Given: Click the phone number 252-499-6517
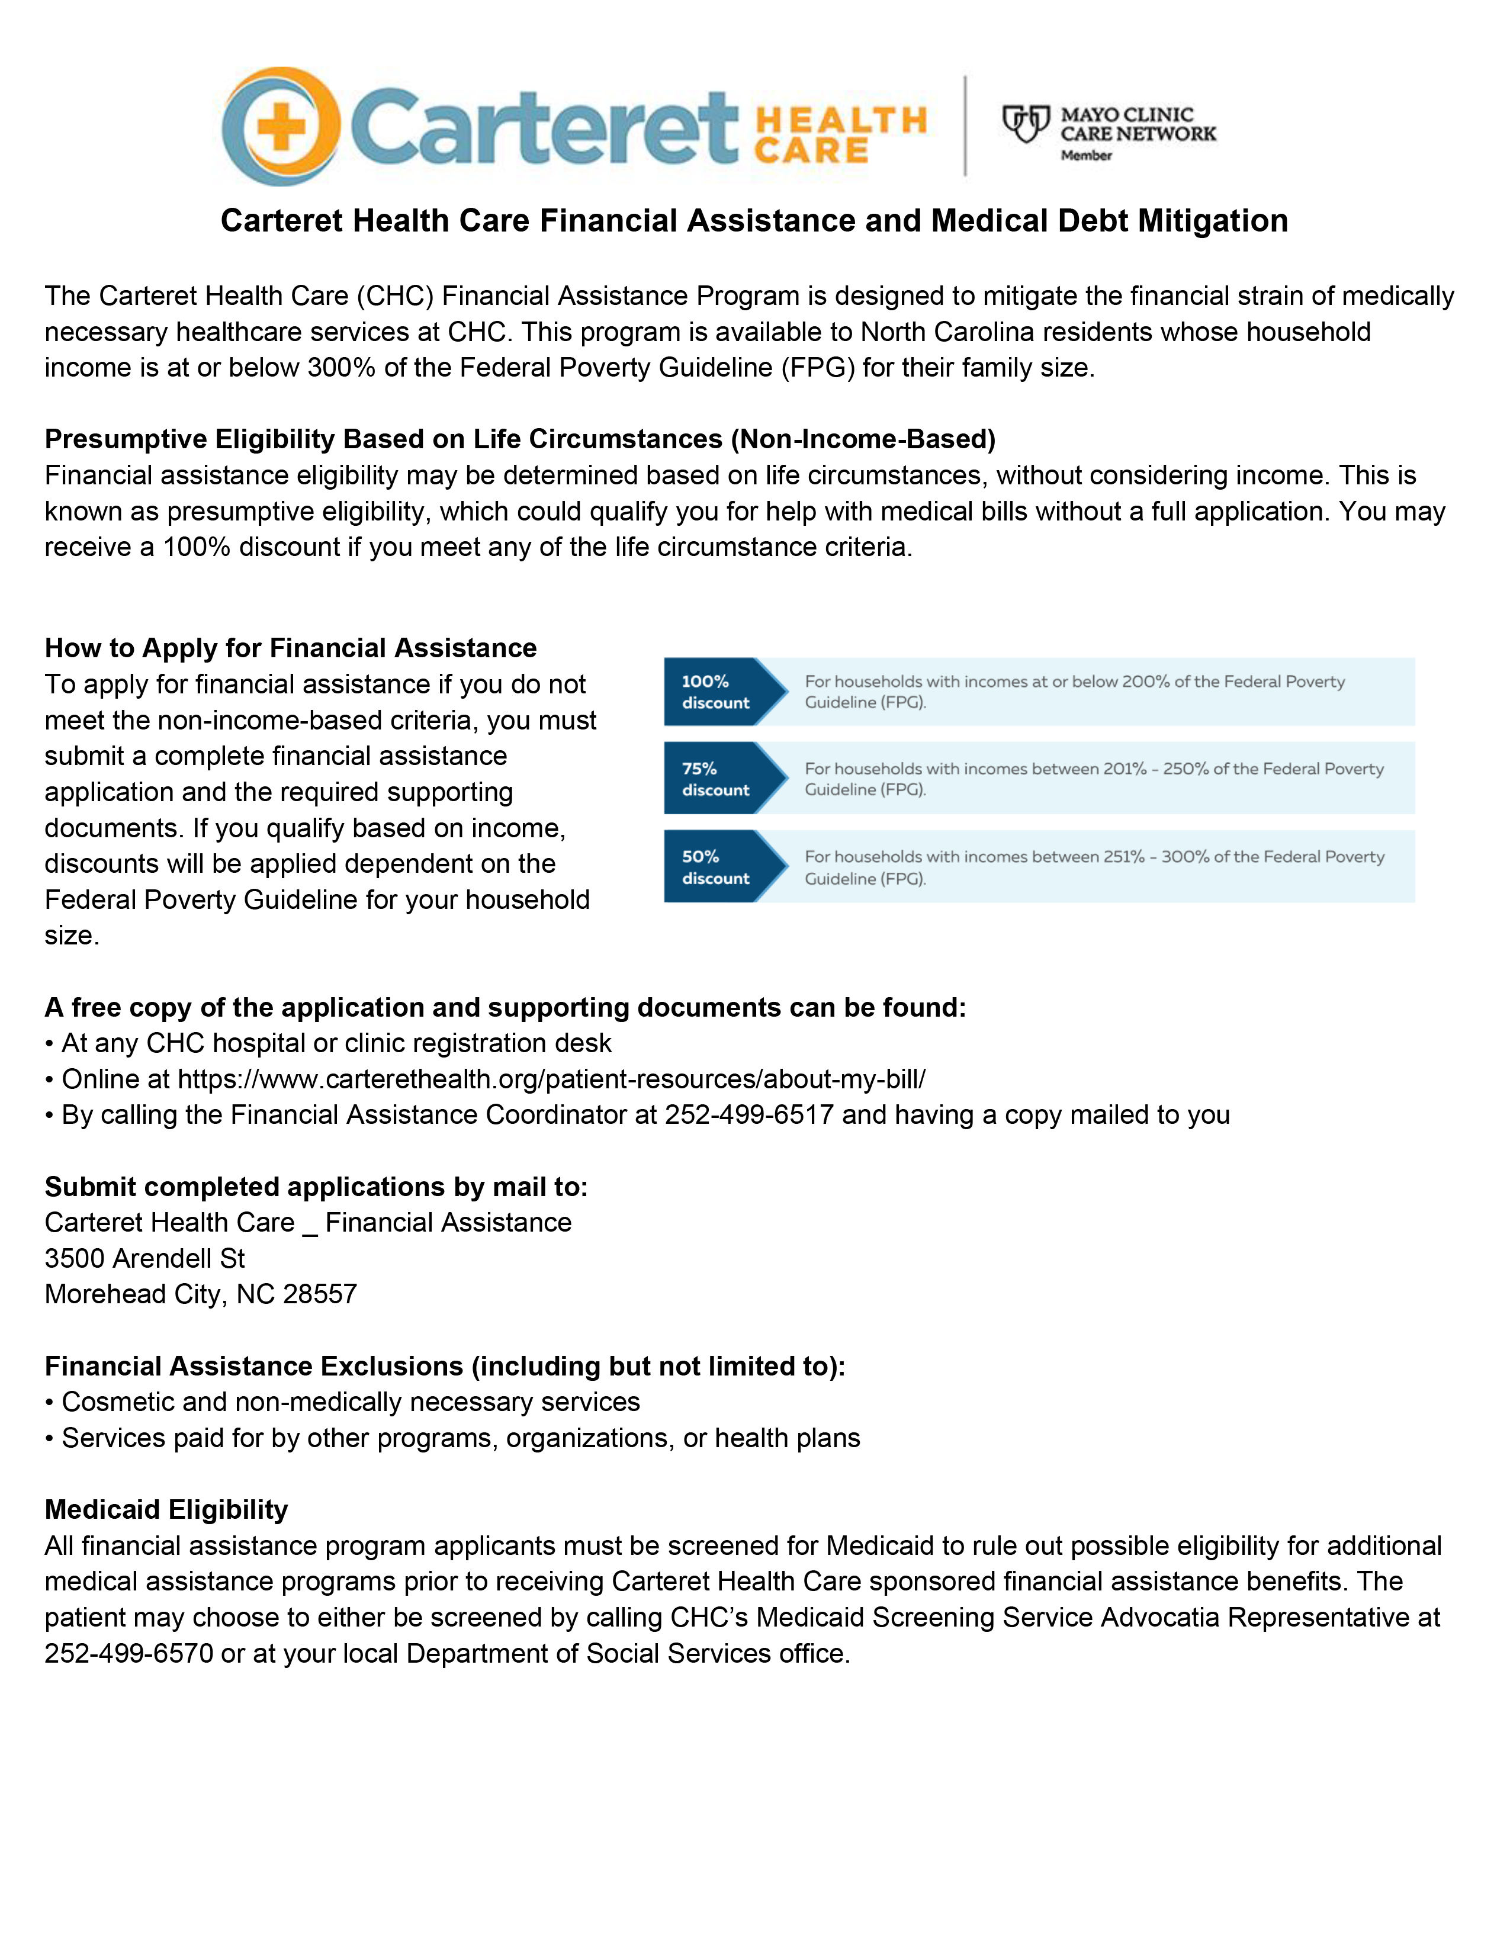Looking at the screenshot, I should click(748, 1115).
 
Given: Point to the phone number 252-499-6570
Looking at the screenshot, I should click(129, 1653).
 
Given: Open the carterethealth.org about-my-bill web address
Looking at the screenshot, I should click(551, 1079).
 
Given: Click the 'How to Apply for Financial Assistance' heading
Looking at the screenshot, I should click(291, 648).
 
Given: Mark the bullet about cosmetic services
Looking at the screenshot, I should click(350, 1402).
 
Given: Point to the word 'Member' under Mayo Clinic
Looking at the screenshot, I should click(1086, 156).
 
